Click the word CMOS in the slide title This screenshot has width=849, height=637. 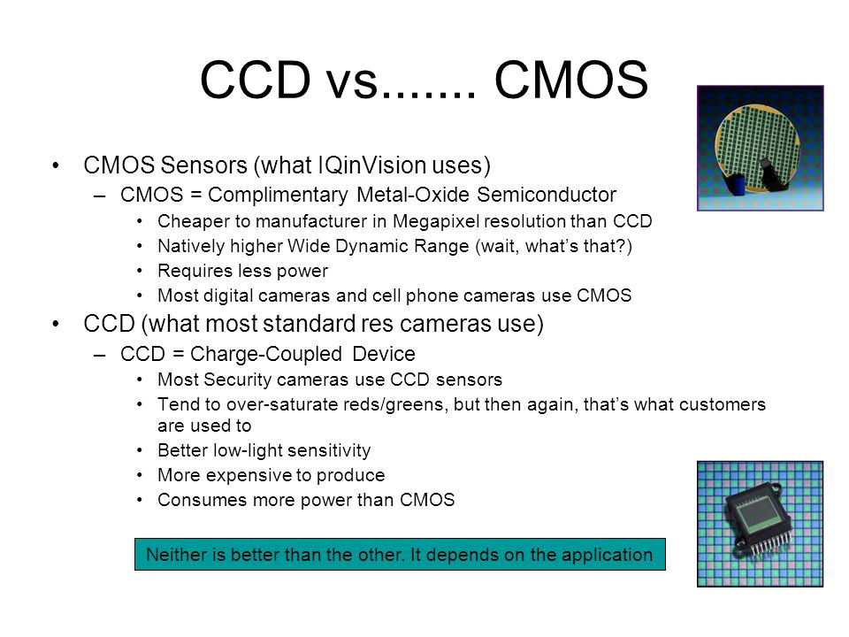(571, 80)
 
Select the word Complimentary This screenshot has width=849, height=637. (278, 195)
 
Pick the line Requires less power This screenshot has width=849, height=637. (242, 271)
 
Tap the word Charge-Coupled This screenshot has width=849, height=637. (266, 354)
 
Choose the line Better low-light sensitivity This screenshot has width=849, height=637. (264, 450)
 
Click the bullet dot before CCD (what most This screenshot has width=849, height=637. (56, 324)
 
